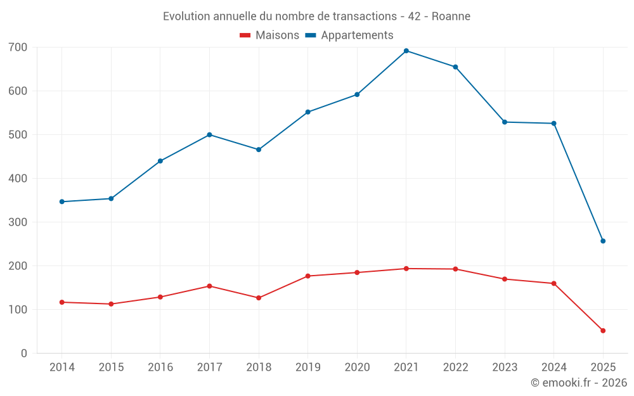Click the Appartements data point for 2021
[x=406, y=51]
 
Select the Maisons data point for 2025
[x=603, y=331]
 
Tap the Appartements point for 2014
[x=62, y=201]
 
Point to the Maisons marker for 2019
[x=308, y=276]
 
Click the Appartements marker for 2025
[x=603, y=241]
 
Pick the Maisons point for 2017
[x=209, y=286]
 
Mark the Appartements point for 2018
[x=259, y=150]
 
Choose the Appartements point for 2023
[x=505, y=122]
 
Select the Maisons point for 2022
[x=455, y=269]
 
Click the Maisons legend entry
[x=269, y=35]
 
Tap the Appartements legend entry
[x=349, y=35]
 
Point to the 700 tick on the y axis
[x=18, y=48]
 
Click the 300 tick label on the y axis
[x=18, y=222]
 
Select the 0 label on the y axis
[x=23, y=354]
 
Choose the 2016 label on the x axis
[x=160, y=367]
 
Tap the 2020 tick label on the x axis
[x=357, y=367]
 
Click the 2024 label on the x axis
[x=553, y=367]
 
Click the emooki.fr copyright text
[x=579, y=383]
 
